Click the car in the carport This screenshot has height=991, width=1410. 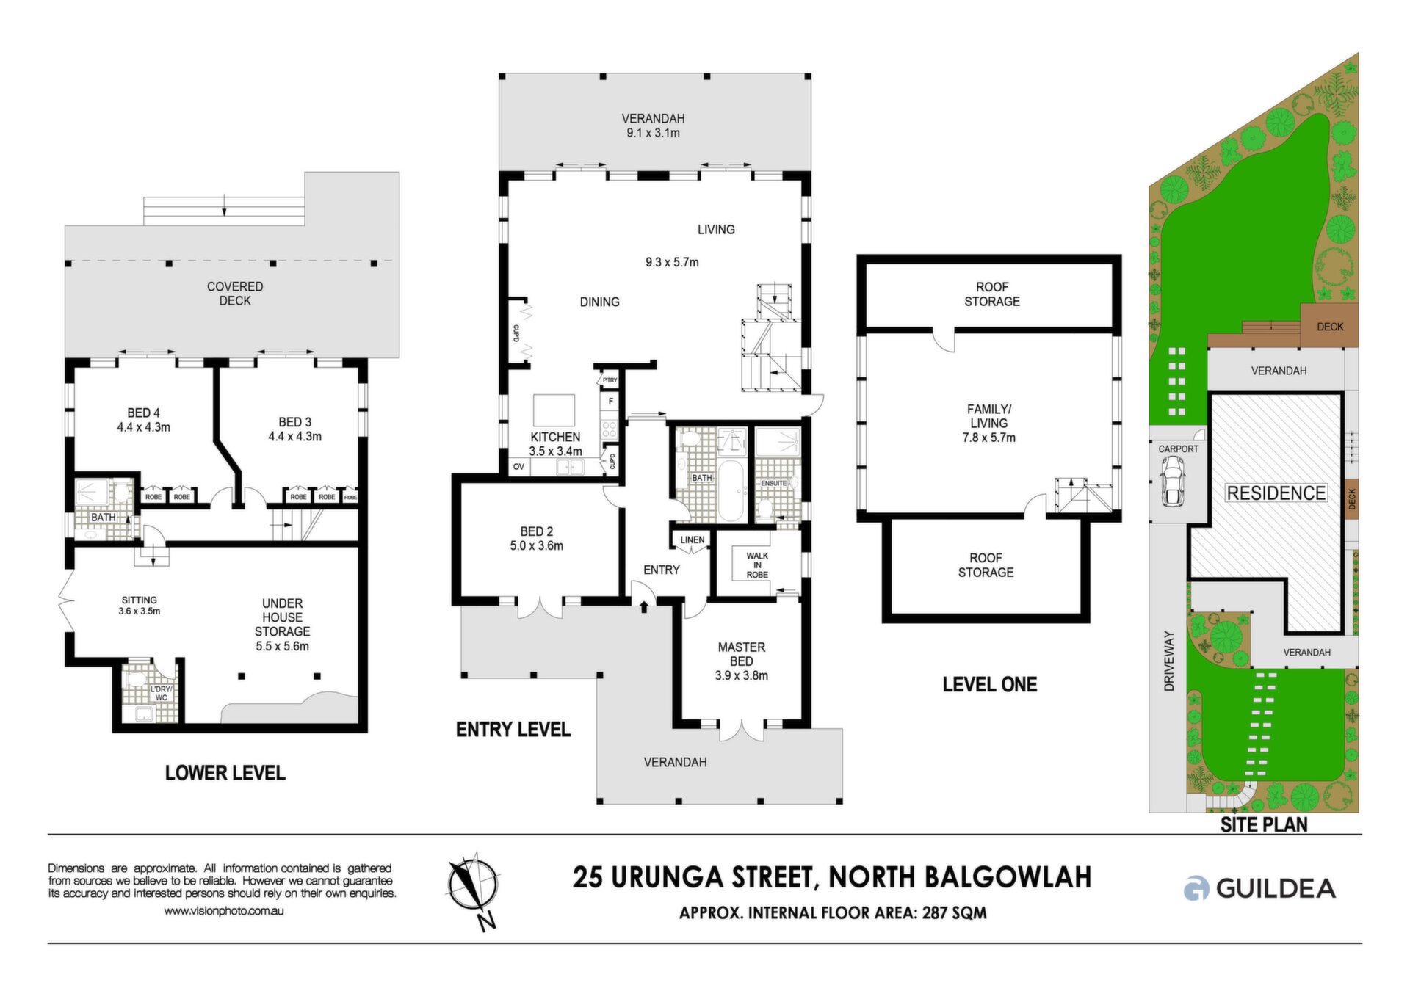pyautogui.click(x=1173, y=482)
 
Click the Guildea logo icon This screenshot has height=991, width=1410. pyautogui.click(x=1196, y=888)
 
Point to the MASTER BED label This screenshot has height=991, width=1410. pyautogui.click(x=741, y=654)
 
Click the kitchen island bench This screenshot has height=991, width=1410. pyautogui.click(x=554, y=410)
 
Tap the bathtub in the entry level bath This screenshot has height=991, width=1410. pyautogui.click(x=731, y=490)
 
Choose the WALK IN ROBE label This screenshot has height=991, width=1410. pyautogui.click(x=757, y=565)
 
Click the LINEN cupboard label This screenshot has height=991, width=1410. pyautogui.click(x=692, y=540)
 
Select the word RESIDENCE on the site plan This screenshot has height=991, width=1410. pyautogui.click(x=1276, y=493)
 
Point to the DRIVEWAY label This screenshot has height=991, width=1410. pyautogui.click(x=1169, y=661)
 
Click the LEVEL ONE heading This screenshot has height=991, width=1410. pyautogui.click(x=989, y=684)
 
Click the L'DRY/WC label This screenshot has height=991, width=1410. pyautogui.click(x=161, y=693)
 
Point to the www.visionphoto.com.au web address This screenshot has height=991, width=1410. pyautogui.click(x=223, y=911)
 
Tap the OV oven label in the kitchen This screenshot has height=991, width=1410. pyautogui.click(x=518, y=466)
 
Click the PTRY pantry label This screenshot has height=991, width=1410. pyautogui.click(x=610, y=380)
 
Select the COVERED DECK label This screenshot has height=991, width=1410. pyautogui.click(x=235, y=294)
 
